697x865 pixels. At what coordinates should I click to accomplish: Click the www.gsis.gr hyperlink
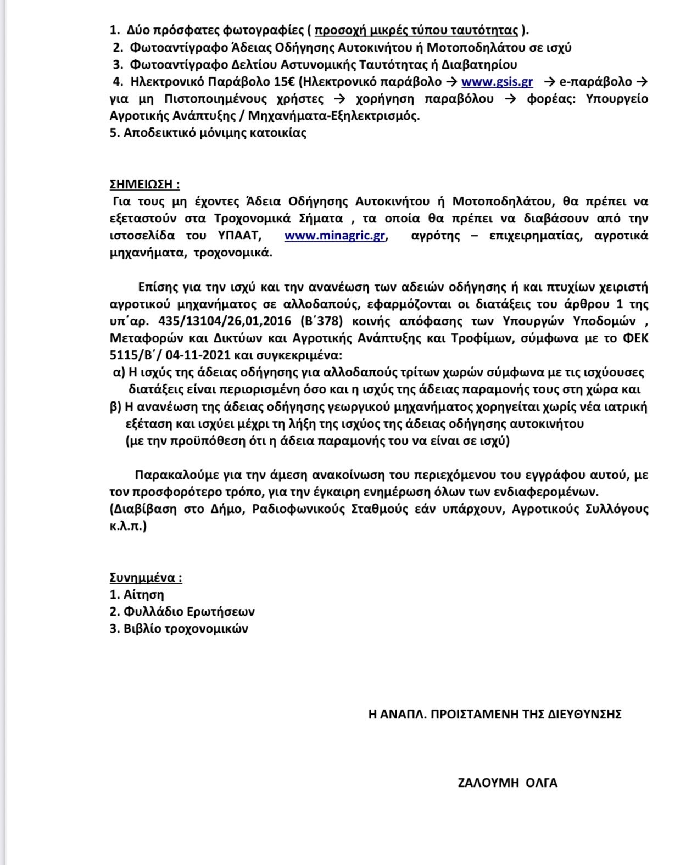[497, 82]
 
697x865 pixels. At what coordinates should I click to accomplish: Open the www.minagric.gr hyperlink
[335, 236]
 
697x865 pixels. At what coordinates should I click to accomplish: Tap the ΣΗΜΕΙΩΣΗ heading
[144, 184]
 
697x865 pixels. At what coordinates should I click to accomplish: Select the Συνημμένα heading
[146, 578]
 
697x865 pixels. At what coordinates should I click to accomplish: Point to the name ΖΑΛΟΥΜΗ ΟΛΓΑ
[508, 783]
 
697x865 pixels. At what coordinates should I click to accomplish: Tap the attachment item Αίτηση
[144, 595]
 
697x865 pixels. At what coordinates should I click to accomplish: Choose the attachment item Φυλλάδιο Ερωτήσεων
[189, 612]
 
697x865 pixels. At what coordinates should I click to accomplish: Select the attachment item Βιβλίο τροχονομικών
[186, 629]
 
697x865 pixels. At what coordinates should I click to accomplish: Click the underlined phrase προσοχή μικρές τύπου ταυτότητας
[416, 30]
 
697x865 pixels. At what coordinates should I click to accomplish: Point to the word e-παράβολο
[595, 82]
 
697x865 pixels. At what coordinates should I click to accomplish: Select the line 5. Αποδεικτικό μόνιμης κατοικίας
[208, 133]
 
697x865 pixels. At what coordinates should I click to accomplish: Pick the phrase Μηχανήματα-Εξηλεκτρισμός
[333, 116]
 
